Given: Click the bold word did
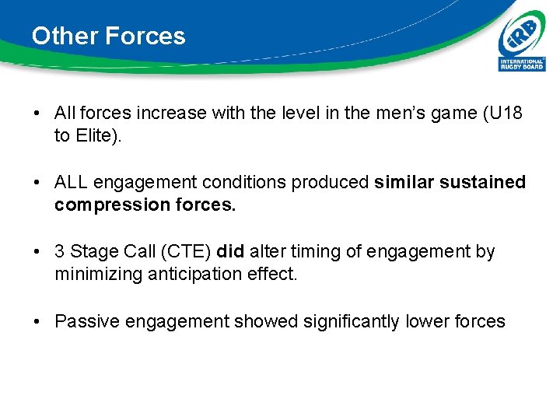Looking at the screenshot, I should (x=230, y=251).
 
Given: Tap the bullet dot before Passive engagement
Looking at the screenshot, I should (x=37, y=320).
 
